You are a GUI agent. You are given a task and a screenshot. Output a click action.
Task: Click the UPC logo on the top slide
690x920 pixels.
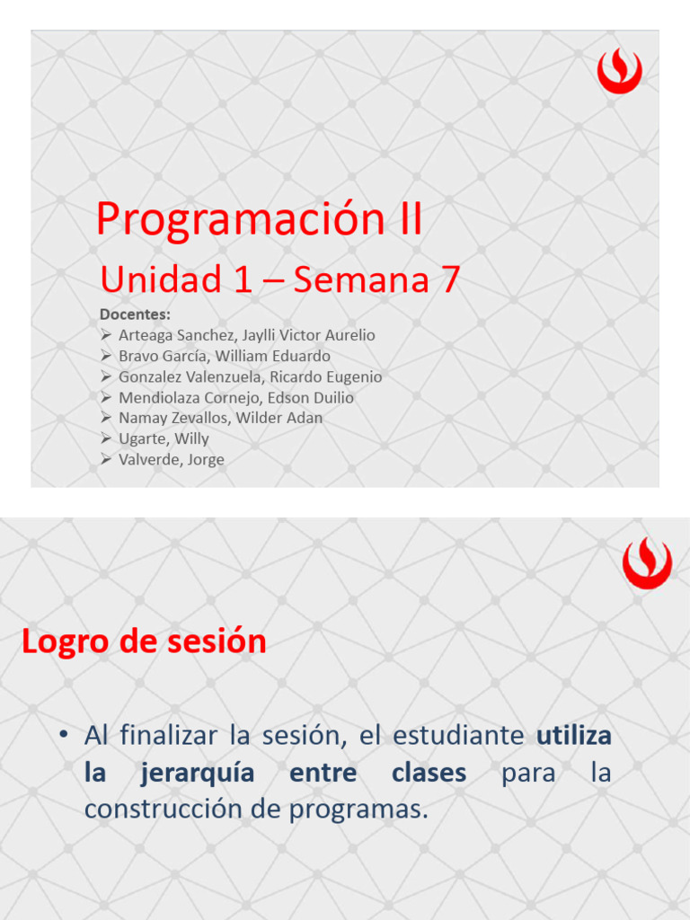point(619,71)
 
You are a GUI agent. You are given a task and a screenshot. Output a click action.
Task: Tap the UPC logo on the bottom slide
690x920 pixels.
point(646,563)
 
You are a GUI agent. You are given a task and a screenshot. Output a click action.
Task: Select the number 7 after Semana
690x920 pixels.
point(448,280)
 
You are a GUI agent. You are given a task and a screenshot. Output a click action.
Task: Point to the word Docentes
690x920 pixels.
point(134,314)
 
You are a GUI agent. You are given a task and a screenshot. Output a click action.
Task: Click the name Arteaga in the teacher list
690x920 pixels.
point(146,335)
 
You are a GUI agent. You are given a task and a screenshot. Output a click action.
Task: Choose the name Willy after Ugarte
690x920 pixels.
point(191,438)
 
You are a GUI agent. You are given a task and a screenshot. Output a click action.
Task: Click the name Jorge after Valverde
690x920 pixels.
point(206,459)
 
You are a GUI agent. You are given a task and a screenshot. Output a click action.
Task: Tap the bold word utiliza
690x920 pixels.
point(574,736)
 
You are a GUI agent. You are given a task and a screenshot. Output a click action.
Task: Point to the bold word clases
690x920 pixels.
point(429,773)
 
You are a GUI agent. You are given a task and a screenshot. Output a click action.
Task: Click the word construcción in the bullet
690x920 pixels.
point(174,809)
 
